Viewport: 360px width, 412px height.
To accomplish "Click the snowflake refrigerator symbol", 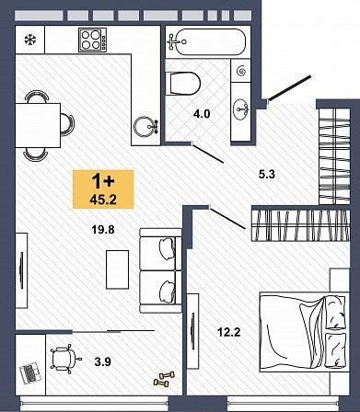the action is [x=30, y=40].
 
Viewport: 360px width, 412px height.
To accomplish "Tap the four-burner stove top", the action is [x=92, y=40].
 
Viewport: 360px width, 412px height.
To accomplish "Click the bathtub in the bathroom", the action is [x=206, y=42].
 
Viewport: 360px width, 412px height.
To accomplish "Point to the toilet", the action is [x=182, y=84].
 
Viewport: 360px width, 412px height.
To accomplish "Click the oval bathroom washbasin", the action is [x=241, y=109].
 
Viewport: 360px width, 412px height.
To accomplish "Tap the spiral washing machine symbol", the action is [x=241, y=71].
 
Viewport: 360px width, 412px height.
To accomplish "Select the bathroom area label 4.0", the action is [x=202, y=114].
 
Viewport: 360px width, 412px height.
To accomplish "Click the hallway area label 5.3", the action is [x=267, y=175].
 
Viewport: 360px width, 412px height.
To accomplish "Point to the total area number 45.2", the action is [x=103, y=200].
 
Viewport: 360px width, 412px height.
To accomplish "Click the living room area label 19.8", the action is [x=103, y=229].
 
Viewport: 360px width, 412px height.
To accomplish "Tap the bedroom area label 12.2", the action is [x=229, y=332].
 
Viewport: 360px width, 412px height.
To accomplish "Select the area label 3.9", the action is [x=103, y=361].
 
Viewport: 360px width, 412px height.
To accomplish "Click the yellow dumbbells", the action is [x=164, y=378].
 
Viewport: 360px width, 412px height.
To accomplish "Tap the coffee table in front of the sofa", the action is [x=117, y=269].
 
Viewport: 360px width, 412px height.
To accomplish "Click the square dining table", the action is [x=38, y=125].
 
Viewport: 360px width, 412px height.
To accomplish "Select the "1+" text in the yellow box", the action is [x=103, y=182].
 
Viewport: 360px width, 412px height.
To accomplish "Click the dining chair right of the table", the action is [x=68, y=125].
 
